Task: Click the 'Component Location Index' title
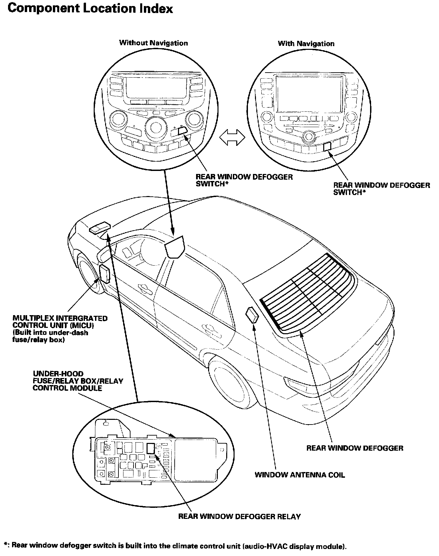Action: (x=90, y=9)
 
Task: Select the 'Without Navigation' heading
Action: (x=154, y=43)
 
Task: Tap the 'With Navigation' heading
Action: (x=306, y=43)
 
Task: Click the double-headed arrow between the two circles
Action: (x=232, y=137)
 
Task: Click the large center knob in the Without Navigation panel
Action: (x=155, y=127)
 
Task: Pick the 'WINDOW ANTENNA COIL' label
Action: (x=299, y=475)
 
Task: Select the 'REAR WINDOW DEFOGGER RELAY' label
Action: (x=239, y=517)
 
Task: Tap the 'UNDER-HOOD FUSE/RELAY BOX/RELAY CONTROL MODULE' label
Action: (x=78, y=381)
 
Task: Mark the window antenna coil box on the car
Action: (x=252, y=315)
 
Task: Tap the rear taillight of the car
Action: (x=295, y=385)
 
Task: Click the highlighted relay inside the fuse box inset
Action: (x=151, y=448)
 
